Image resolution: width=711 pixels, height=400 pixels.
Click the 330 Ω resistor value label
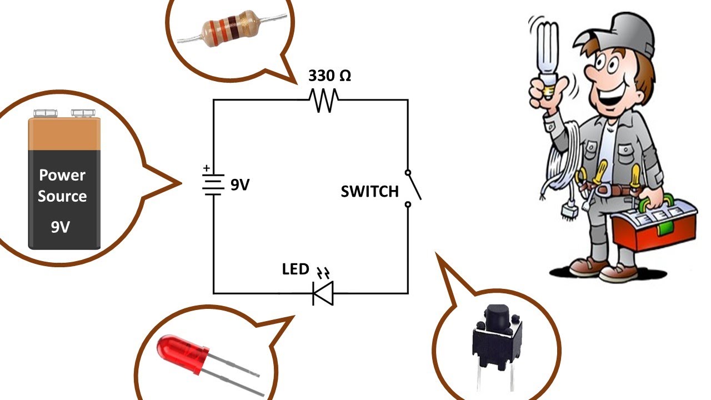pos(329,76)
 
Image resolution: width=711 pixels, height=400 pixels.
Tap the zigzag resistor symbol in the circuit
pos(324,101)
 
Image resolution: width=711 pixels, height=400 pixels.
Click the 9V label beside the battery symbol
pos(240,185)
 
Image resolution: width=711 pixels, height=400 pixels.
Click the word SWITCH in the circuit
pos(369,192)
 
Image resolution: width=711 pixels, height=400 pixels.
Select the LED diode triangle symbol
pos(323,293)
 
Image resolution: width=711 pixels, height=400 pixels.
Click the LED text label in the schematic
pos(296,269)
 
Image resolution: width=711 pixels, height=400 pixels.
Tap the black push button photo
pos(497,339)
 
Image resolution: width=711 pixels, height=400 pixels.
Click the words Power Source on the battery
pos(62,186)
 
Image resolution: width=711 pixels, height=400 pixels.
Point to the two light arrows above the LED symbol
pos(323,273)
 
